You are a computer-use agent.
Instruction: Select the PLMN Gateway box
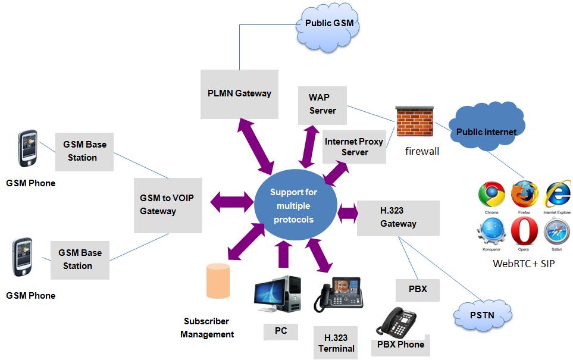[239, 93]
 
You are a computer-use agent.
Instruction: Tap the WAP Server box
[322, 104]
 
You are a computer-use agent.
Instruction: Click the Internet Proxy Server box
[354, 147]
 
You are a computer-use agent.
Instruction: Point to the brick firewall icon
[415, 122]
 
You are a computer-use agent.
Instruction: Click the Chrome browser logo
[491, 195]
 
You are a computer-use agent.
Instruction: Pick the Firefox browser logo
[525, 195]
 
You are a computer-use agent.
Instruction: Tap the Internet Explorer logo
[558, 195]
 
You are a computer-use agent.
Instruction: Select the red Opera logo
[525, 231]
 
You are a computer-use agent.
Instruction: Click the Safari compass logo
[558, 231]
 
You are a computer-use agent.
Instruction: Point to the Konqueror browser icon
[491, 231]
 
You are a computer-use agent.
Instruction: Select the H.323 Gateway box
[398, 218]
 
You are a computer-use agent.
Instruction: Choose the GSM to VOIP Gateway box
[168, 205]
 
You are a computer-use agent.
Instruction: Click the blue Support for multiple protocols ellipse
[293, 206]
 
